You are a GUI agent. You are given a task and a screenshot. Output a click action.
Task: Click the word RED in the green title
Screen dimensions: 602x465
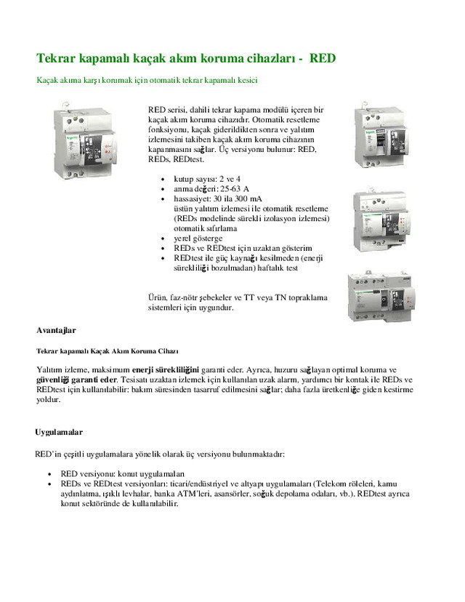323,57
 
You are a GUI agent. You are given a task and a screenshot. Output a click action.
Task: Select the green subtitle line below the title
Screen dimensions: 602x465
147,79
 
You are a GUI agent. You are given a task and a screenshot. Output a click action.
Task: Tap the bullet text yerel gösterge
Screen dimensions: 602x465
198,238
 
